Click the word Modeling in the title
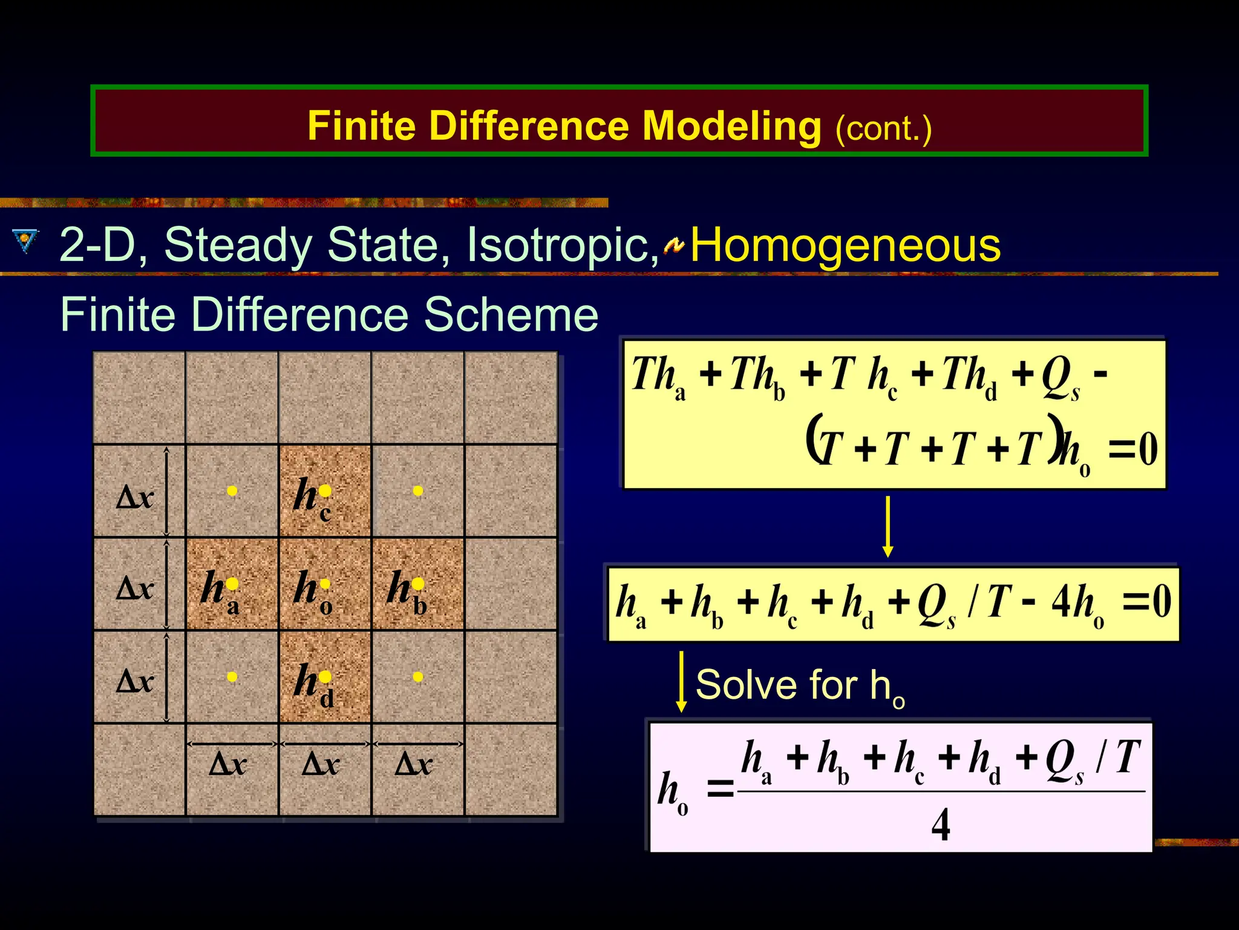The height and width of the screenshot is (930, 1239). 731,127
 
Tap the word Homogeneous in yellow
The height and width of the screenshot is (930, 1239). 845,246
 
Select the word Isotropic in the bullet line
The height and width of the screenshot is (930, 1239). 562,246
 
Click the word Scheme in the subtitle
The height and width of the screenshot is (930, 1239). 511,315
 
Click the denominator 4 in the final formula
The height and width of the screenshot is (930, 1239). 940,825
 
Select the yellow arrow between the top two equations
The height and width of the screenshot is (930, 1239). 888,526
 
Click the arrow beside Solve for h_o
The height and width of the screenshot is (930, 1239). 681,682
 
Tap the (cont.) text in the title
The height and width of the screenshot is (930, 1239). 883,129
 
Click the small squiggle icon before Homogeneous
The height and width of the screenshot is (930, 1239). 673,246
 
